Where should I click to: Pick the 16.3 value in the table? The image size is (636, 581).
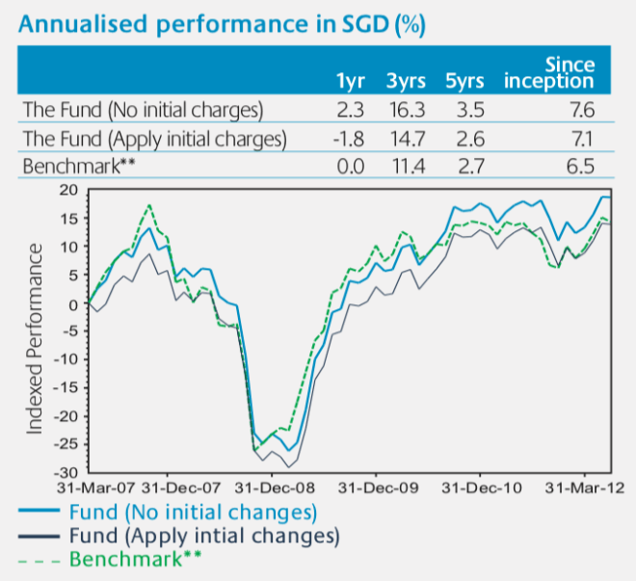[x=409, y=111]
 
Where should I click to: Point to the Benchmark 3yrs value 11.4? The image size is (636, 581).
[x=409, y=167]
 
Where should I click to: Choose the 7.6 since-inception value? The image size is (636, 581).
[x=581, y=111]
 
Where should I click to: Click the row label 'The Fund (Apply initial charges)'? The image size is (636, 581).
[x=153, y=139]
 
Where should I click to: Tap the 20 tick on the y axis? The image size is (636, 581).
[x=66, y=190]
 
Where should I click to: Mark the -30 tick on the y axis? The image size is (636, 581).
[x=64, y=472]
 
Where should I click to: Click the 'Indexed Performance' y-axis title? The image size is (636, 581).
[x=35, y=337]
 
